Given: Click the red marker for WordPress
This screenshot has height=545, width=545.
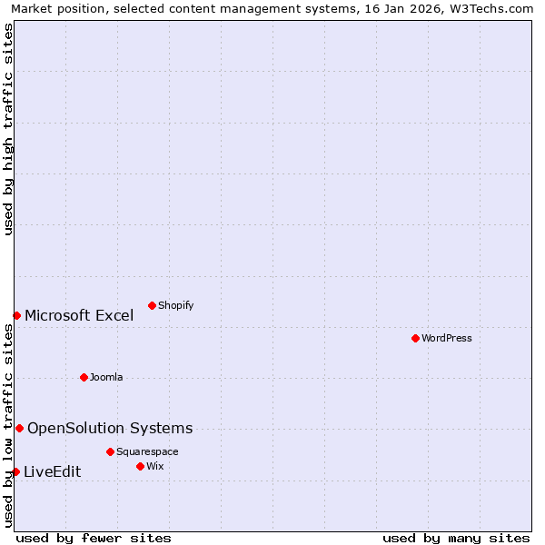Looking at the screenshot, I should [415, 338].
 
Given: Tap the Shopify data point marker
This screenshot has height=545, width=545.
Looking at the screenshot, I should [152, 305].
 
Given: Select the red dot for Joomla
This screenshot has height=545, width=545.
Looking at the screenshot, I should [84, 377].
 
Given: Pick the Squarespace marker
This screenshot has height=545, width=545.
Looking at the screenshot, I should [110, 451].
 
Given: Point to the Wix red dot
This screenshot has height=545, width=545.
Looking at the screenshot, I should [140, 466].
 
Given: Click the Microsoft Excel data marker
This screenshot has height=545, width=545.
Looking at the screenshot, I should [16, 315].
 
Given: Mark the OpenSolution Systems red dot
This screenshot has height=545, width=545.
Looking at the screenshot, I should [19, 428].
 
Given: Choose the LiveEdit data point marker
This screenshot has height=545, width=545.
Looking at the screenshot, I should [15, 471].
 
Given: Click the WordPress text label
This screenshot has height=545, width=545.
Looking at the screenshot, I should [447, 338].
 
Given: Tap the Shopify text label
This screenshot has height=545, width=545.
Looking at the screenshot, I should [175, 305].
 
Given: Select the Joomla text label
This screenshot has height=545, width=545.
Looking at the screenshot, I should [106, 377].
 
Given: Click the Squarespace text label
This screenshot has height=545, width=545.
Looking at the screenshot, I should [147, 451].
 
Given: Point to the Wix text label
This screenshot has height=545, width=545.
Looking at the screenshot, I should [155, 466].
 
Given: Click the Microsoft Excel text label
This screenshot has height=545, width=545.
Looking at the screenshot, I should [79, 315].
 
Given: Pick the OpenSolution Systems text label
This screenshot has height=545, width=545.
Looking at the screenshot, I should [110, 428].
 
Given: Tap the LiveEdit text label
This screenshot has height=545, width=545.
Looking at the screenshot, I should [53, 471].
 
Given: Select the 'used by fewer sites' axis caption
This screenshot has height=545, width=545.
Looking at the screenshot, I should [94, 538].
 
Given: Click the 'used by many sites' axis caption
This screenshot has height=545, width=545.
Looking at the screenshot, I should [456, 538].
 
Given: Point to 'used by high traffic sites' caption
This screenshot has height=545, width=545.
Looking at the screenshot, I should [9, 129].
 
